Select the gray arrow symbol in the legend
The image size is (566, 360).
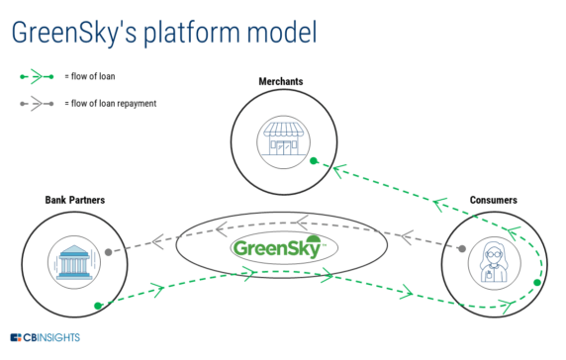pos(36,102)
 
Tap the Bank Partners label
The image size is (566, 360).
pos(74,200)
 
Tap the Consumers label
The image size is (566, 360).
pos(494,200)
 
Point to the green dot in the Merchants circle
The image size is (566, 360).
pos(312,160)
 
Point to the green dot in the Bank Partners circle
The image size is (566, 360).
pos(97,305)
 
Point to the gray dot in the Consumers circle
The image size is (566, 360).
pos(461,249)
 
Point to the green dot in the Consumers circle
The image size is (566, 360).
pos(536,284)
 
